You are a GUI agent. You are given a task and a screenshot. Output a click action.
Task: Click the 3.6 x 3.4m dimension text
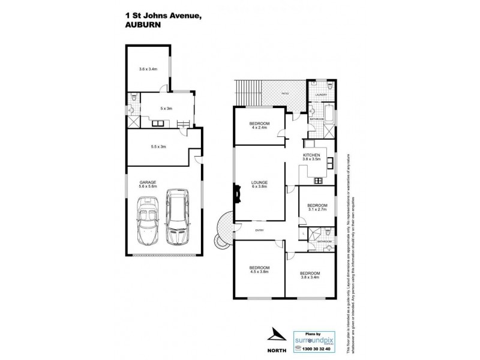(148, 69)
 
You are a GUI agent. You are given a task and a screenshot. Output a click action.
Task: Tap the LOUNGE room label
(259, 184)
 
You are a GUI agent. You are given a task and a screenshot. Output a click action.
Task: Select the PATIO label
(286, 94)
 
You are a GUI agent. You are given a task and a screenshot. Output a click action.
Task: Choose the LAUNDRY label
(321, 95)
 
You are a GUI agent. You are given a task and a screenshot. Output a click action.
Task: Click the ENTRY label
(259, 230)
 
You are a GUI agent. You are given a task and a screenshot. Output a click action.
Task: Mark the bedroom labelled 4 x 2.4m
(259, 125)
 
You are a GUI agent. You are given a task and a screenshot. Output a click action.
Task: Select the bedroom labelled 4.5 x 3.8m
(259, 269)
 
